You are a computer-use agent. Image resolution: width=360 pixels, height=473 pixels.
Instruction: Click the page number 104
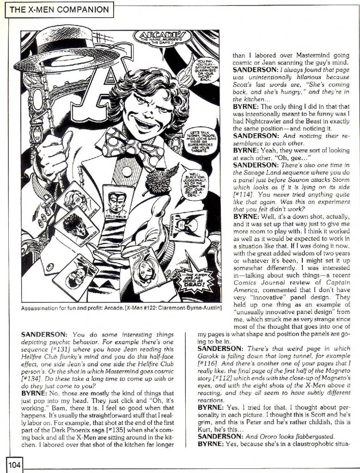click(x=14, y=465)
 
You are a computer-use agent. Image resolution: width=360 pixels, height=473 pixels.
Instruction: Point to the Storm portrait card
click(x=147, y=268)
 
